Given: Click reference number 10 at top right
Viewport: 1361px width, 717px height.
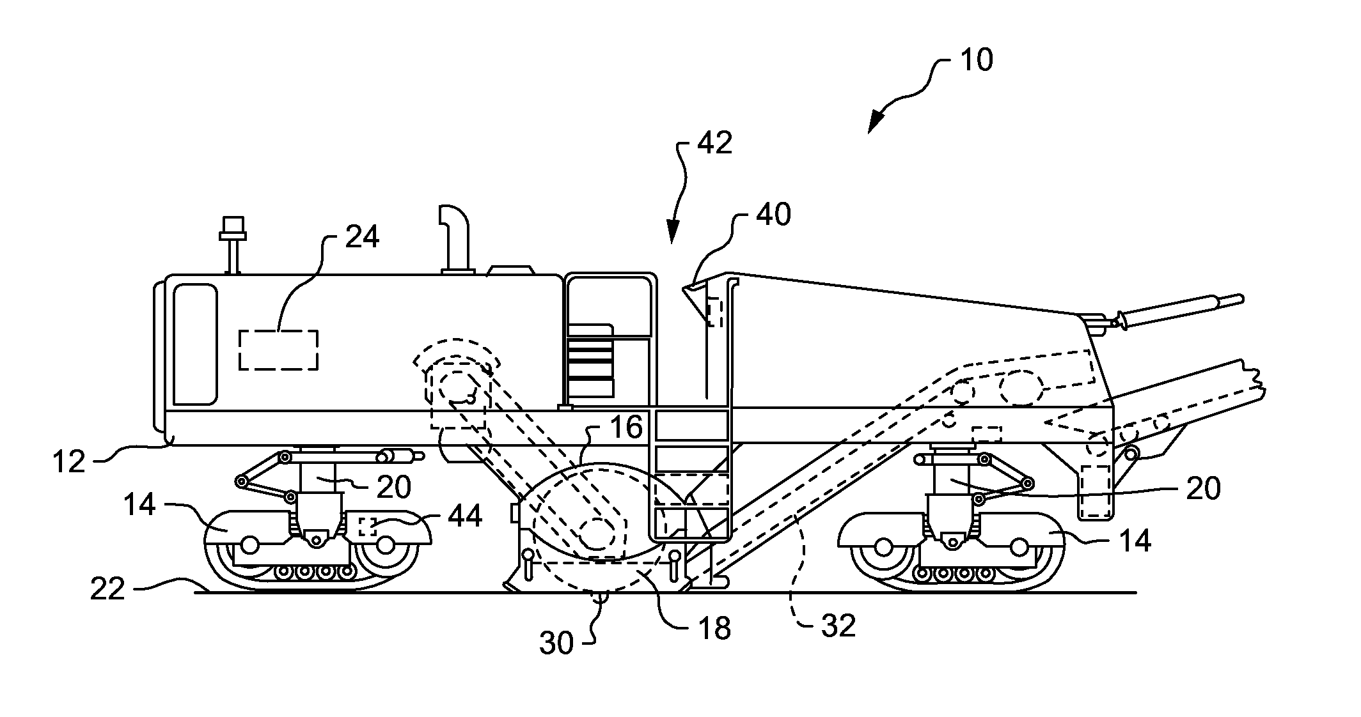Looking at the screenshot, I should click(976, 61).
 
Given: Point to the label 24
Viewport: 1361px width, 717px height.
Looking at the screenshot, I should click(362, 237).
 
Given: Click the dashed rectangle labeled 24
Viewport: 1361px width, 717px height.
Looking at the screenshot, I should click(278, 350).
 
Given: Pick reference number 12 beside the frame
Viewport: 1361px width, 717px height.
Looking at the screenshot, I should click(68, 461).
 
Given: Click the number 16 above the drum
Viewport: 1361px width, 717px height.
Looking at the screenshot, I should click(626, 428).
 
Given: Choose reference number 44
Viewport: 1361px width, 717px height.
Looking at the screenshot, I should click(464, 516).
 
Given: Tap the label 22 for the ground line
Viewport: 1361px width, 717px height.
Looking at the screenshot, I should click(107, 589).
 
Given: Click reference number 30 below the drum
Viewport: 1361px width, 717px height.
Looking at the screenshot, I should click(556, 643).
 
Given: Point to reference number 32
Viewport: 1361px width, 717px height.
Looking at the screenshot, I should click(838, 626).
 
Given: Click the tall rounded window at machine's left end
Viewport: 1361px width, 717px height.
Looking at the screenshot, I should click(195, 344).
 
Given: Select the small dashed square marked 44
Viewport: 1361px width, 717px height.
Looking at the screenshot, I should click(366, 527).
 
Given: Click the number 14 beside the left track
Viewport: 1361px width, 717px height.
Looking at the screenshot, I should click(140, 504).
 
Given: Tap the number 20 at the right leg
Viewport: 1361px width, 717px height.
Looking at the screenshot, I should click(1203, 489).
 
